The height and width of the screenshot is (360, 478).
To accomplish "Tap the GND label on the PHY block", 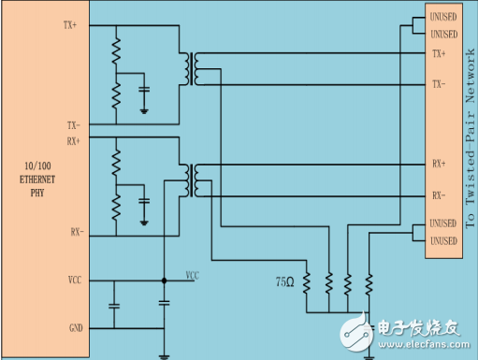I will point(76,327).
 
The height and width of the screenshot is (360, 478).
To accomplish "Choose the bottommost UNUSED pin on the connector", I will point(443,241).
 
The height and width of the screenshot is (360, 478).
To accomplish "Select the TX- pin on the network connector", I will point(438,84).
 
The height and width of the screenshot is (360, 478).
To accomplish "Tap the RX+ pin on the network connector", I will point(438,163).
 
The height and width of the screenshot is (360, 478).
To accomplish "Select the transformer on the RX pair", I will point(194,178).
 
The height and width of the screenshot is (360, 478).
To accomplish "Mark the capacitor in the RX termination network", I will point(143,200).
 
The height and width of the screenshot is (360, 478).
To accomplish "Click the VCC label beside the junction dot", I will point(192,276).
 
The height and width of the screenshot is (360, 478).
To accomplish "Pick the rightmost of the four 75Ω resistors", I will point(369,281).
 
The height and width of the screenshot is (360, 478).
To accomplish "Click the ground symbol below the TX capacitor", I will point(143,109).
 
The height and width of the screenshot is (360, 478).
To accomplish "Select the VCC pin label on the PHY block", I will point(75,280).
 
